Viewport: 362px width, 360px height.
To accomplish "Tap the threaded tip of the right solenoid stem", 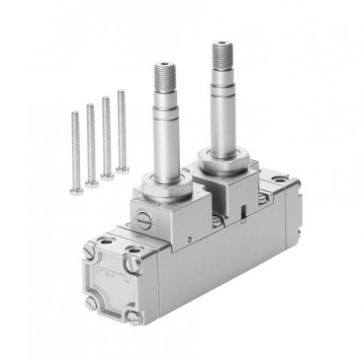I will click(222, 56).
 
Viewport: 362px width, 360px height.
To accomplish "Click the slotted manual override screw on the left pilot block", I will click(145, 218).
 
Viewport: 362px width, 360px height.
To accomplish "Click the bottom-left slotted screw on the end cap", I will click(90, 302).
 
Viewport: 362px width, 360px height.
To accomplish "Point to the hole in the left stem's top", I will click(165, 62).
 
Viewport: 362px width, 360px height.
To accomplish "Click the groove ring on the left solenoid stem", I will click(165, 121).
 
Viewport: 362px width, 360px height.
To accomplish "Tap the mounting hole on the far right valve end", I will click(280, 179).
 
